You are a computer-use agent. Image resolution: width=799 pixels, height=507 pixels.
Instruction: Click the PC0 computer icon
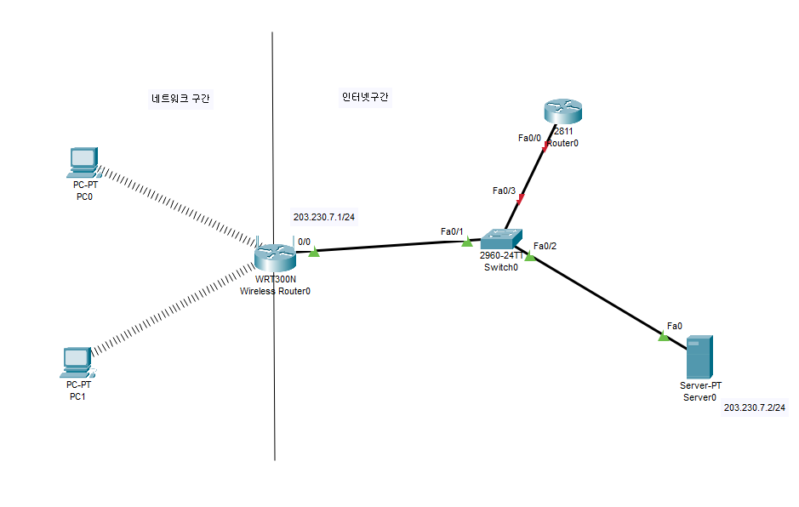(83, 160)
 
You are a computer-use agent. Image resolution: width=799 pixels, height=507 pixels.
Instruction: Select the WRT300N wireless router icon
(274, 253)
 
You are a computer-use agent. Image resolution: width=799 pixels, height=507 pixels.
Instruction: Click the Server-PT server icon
(699, 357)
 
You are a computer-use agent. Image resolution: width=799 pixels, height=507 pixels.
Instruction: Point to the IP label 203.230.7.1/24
(324, 217)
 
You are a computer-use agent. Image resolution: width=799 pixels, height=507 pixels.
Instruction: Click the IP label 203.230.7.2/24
(755, 408)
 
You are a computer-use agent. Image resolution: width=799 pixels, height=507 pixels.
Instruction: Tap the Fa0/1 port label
(451, 231)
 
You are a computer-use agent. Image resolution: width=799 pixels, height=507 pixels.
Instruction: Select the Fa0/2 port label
(545, 247)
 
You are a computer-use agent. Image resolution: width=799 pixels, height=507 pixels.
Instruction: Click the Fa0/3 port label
(505, 191)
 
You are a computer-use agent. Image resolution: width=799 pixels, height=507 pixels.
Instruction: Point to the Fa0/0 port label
(529, 138)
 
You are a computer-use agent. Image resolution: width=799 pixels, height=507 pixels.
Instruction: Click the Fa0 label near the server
(674, 326)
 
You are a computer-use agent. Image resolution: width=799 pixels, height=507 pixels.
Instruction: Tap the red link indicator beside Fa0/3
(521, 200)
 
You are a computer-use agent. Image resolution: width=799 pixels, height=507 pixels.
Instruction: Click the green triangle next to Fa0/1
(466, 242)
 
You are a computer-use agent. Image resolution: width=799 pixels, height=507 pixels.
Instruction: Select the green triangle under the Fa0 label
(664, 337)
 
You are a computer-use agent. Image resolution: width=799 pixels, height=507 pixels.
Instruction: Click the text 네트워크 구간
(180, 100)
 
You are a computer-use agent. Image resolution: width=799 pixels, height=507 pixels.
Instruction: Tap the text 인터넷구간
(359, 97)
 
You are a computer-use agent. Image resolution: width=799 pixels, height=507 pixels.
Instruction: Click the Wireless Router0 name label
(275, 291)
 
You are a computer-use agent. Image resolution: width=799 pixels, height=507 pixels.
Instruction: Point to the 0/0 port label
(304, 242)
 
